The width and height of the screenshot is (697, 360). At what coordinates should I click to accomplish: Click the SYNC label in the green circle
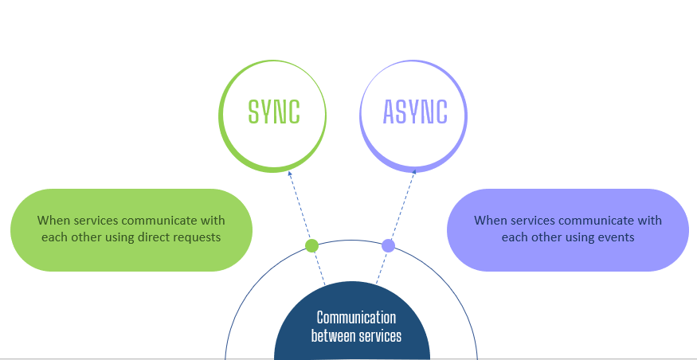coord(274,112)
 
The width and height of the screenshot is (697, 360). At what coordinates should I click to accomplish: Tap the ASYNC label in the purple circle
coord(415,112)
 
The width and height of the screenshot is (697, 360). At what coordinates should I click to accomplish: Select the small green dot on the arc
coord(312,245)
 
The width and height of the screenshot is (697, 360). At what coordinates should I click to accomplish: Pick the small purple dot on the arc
coord(388,245)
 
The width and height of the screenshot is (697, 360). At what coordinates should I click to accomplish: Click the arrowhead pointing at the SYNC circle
coord(290,172)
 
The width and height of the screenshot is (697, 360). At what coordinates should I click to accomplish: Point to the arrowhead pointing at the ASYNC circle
coord(413,173)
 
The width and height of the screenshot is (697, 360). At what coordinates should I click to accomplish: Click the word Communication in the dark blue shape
coord(356,318)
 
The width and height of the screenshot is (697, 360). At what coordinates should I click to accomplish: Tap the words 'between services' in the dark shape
coord(356,335)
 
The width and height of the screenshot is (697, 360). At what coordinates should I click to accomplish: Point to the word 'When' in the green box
coord(53,221)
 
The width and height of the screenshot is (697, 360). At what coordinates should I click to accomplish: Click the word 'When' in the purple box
coord(490,221)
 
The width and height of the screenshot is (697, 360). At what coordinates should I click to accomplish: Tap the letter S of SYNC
coord(254,112)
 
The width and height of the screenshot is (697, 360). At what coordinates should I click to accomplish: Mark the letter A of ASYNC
coord(390,112)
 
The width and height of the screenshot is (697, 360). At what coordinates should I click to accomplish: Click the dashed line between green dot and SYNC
coord(301,209)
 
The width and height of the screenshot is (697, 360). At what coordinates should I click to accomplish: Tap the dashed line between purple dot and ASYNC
coord(401,209)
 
